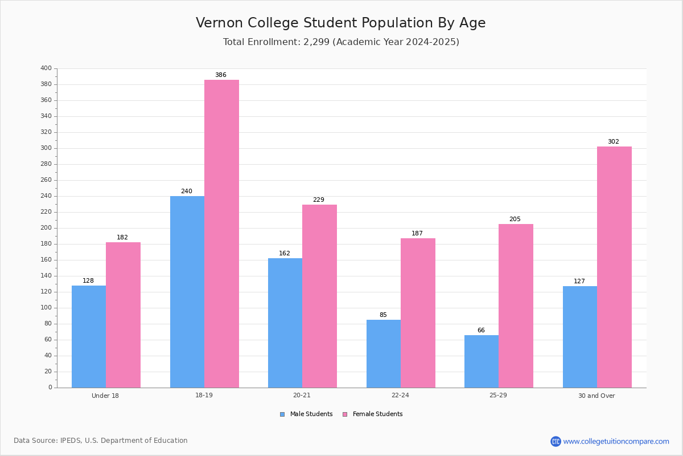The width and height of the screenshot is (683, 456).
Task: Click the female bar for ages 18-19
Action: [x=221, y=234]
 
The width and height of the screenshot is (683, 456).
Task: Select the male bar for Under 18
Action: [x=89, y=336]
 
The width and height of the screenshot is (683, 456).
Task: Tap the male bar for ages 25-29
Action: [x=482, y=361]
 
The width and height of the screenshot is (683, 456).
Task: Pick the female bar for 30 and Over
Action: [x=614, y=267]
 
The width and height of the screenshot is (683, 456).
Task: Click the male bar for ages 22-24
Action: [x=384, y=353]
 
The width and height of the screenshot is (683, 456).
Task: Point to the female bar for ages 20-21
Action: [x=319, y=296]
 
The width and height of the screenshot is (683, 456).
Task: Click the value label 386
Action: [x=221, y=75]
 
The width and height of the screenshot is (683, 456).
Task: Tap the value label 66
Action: [x=481, y=330]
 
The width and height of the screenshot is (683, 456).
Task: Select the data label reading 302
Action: [x=614, y=141]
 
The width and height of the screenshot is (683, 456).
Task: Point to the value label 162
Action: [x=285, y=253]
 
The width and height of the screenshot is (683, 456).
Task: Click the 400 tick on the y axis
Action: [x=46, y=68]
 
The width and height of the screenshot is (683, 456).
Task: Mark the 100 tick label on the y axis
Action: [x=46, y=308]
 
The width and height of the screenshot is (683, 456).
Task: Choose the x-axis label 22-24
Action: [x=400, y=395]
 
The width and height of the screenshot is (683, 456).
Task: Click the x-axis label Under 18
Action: [x=105, y=396]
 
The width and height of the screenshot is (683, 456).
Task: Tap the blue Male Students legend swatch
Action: [x=282, y=414]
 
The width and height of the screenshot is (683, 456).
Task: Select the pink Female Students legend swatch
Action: [x=345, y=414]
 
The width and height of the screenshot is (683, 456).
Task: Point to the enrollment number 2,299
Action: [x=316, y=42]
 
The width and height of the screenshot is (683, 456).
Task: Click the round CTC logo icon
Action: [x=556, y=441]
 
